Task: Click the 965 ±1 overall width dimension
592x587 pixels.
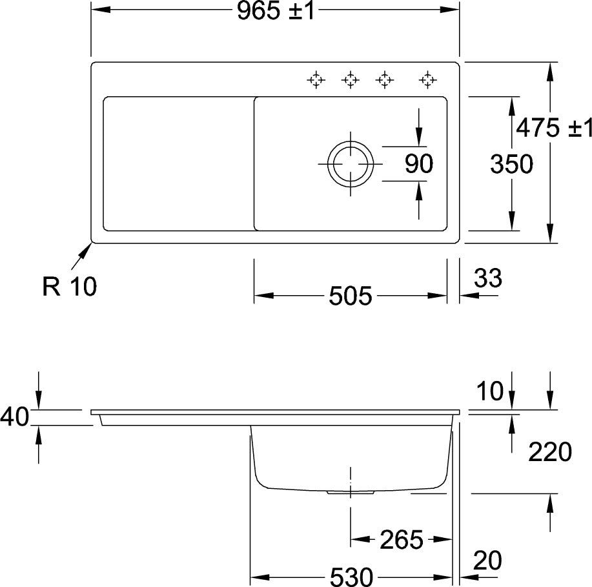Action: (276, 10)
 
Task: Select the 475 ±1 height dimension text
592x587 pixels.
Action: (554, 128)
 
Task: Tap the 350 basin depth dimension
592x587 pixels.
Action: (511, 164)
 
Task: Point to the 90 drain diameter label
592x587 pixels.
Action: (419, 164)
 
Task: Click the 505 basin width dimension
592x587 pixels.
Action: (351, 295)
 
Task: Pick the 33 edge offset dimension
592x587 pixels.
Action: (488, 278)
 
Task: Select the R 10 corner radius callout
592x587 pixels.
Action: (70, 286)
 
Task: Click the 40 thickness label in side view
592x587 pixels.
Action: (14, 417)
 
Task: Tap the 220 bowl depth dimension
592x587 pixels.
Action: (550, 452)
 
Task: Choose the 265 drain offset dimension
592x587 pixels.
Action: (402, 539)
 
